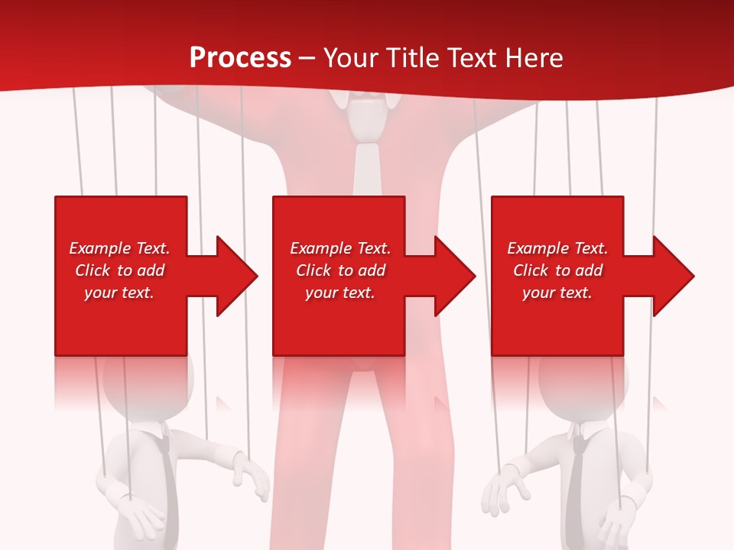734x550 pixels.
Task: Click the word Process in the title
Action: click(240, 58)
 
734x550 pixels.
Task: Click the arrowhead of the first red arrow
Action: click(237, 276)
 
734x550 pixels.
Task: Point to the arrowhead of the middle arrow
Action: click(455, 276)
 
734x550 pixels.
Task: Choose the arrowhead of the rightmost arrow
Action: click(673, 276)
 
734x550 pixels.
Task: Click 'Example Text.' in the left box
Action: click(119, 248)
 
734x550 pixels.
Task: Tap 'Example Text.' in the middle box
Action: click(340, 248)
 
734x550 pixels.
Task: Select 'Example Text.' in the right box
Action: click(557, 248)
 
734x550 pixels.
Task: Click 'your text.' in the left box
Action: click(119, 293)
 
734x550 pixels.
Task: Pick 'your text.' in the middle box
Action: click(340, 293)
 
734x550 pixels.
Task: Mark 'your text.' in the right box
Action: click(557, 293)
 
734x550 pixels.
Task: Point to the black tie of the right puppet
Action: click(577, 481)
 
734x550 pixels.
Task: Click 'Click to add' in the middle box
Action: click(340, 270)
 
